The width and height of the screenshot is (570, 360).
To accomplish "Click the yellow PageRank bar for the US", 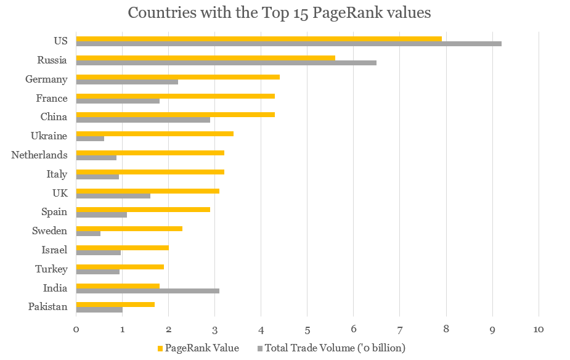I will [259, 39].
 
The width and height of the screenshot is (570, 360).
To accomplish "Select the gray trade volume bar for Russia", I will [226, 63].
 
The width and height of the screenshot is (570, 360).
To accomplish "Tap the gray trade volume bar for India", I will [147, 290].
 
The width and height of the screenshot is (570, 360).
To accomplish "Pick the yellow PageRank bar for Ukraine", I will [155, 134].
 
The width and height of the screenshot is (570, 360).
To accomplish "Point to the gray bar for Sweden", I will [88, 234].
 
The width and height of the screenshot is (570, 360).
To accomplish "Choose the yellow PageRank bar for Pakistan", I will [115, 304].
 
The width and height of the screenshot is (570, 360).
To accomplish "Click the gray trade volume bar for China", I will [143, 120].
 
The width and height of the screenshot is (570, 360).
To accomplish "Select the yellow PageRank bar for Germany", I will [177, 77].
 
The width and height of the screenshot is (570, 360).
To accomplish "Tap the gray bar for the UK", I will [113, 196].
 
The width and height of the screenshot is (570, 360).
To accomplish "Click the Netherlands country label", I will [39, 155].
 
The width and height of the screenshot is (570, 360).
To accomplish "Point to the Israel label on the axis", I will [54, 250].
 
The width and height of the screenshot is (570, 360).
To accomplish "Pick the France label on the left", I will [52, 99].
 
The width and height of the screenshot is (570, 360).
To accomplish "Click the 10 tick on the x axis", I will [539, 329].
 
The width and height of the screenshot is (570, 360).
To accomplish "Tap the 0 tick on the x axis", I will [76, 329].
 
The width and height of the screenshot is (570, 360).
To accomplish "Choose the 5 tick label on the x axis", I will [307, 329].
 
